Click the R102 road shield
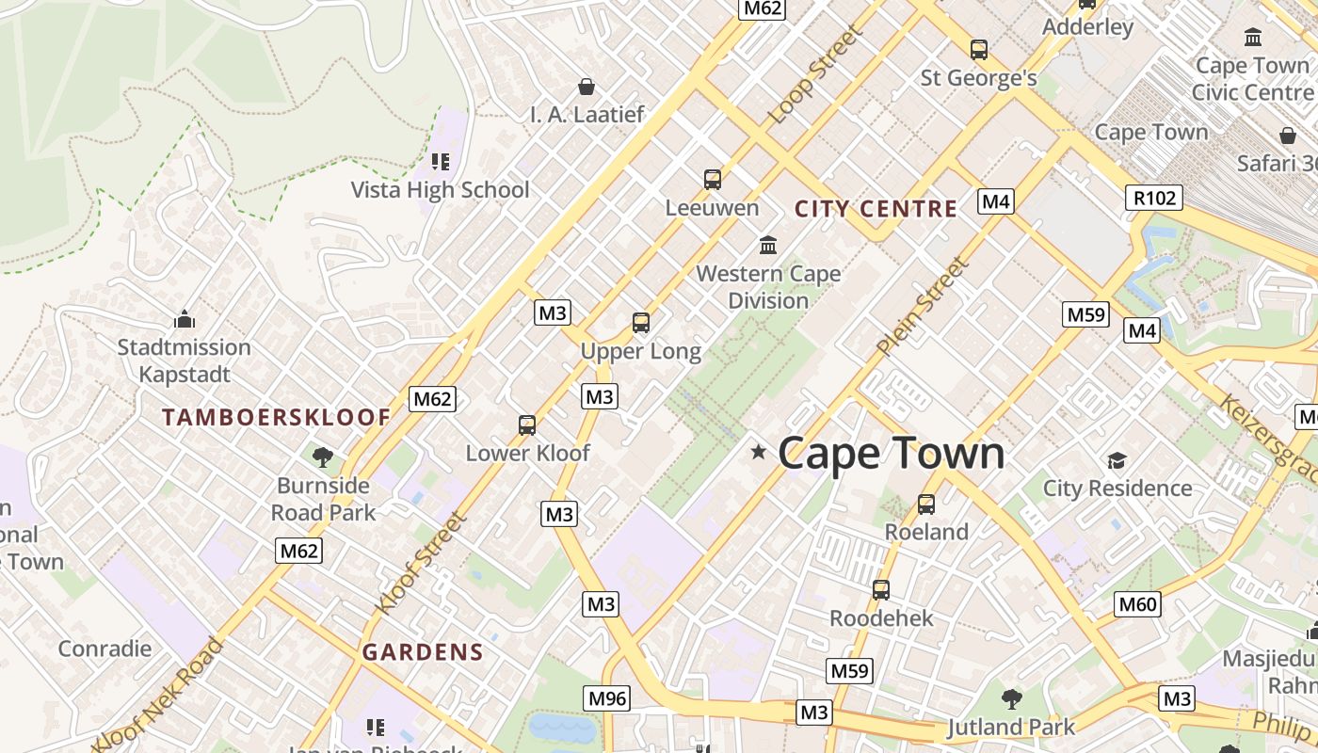pos(1154,198)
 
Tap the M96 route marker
pos(606,697)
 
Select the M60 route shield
pos(1137,604)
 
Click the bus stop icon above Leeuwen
pos(713,179)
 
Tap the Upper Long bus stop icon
pos(641,323)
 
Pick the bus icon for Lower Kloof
pos(527,425)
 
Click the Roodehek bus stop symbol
pos(881,590)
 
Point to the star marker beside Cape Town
pos(759,453)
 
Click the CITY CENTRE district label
pos(876,209)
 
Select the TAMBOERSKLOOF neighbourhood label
pos(276,417)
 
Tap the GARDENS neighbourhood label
pos(423,651)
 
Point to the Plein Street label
pos(922,307)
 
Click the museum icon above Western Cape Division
pos(768,245)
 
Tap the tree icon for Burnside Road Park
pos(323,457)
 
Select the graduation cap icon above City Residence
pos(1117,460)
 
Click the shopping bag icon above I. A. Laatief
pos(587,87)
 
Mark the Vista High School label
pos(440,190)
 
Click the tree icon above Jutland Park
pos(1012,698)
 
